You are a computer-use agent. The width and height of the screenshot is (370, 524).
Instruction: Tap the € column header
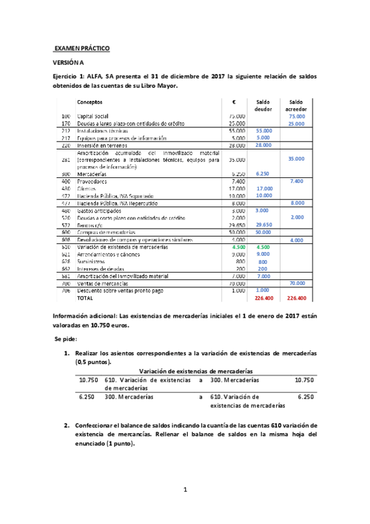click(x=235, y=102)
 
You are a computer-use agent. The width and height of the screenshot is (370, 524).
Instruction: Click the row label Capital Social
click(x=95, y=116)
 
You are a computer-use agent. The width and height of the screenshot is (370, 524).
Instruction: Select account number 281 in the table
click(x=65, y=159)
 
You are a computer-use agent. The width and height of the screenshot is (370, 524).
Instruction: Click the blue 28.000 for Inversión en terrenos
click(x=264, y=145)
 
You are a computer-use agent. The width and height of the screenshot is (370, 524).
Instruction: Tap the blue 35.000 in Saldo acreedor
click(x=296, y=159)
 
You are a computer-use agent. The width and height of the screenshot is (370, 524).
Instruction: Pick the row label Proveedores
click(x=93, y=182)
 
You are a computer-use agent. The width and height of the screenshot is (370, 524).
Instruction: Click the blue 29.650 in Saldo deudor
click(x=264, y=226)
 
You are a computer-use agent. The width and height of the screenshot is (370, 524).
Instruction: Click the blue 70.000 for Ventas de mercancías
click(x=296, y=284)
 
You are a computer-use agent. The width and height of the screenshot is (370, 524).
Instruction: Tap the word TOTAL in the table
click(x=85, y=298)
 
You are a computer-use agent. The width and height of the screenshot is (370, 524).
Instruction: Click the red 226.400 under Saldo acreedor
click(x=296, y=298)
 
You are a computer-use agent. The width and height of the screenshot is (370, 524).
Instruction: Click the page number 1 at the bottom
click(x=185, y=490)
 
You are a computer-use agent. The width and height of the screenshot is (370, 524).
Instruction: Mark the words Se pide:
click(x=65, y=340)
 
